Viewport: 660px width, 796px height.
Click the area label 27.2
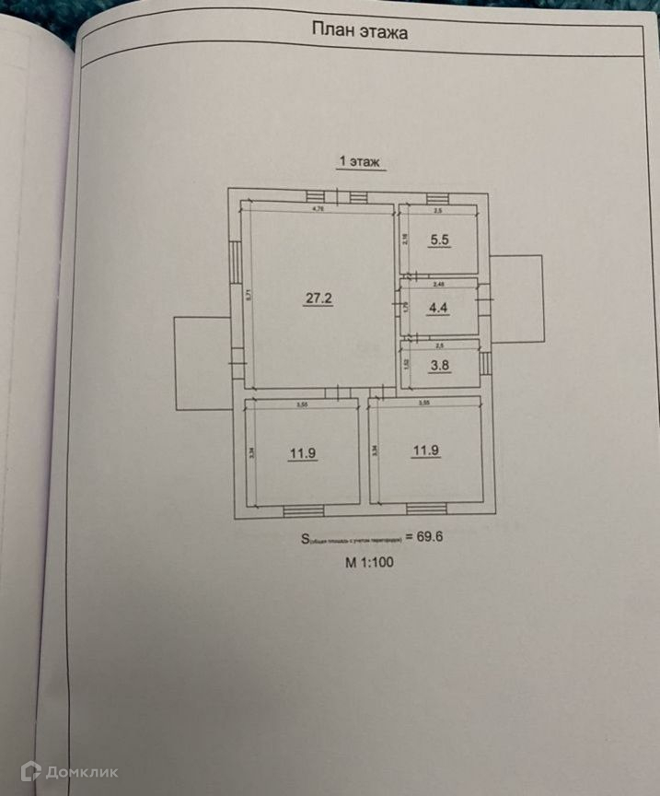pyautogui.click(x=318, y=297)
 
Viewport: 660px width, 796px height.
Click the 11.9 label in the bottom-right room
pyautogui.click(x=425, y=451)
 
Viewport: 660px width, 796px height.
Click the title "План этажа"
pyautogui.click(x=361, y=31)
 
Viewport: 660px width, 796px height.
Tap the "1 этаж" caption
pyautogui.click(x=360, y=161)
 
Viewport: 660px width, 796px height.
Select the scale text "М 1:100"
pyautogui.click(x=369, y=564)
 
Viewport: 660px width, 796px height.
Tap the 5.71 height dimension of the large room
pyautogui.click(x=249, y=296)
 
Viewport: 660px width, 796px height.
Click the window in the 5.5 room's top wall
pyautogui.click(x=435, y=199)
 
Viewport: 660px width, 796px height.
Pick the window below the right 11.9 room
pyautogui.click(x=425, y=508)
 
